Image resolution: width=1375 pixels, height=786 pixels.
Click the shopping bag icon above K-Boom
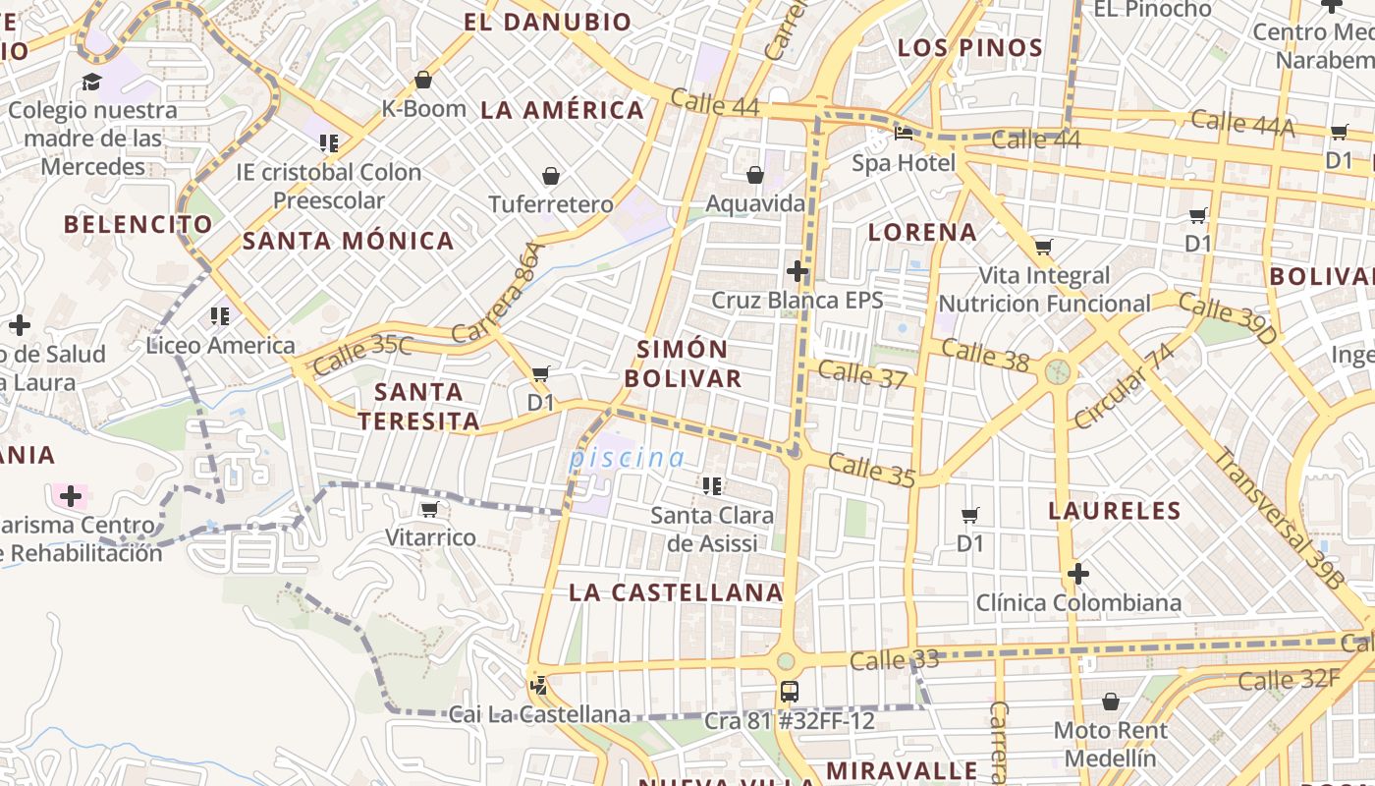(423, 80)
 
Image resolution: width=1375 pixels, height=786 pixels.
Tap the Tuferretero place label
(551, 204)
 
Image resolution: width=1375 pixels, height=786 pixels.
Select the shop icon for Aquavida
(754, 176)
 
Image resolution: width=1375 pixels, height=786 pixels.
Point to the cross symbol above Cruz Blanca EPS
(797, 271)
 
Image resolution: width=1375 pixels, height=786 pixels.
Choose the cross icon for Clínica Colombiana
(1078, 574)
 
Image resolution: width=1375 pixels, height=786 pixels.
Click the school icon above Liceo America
(219, 316)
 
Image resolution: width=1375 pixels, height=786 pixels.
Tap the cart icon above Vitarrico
(429, 509)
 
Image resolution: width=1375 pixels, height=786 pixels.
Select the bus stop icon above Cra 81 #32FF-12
(789, 692)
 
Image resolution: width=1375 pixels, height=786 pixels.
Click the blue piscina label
(627, 458)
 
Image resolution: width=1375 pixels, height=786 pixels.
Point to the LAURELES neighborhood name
(1114, 511)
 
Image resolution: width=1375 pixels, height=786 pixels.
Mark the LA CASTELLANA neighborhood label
(676, 592)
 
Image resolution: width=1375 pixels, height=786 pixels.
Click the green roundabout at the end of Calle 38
(1058, 371)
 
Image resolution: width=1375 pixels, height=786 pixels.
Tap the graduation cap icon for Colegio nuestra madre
(91, 82)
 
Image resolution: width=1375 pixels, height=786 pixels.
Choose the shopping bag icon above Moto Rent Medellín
(1111, 702)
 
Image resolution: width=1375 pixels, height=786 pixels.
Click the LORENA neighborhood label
(922, 233)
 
